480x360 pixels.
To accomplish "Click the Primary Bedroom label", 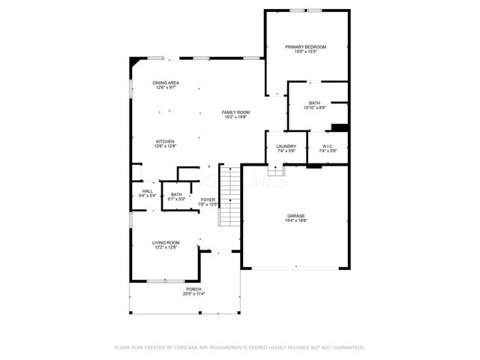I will pos(305,46).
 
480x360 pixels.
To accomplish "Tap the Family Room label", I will pos(235,112).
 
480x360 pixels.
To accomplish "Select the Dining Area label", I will pos(166,82).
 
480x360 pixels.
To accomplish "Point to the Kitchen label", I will pos(165,142).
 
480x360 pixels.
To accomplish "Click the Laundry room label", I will pos(286,146).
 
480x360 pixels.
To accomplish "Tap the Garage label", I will pos(295,216).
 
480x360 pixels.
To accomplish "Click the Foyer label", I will pos(208,199).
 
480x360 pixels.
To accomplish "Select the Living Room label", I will pos(166,242).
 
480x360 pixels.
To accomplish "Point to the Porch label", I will pos(193,289).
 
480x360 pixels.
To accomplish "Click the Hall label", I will pos(148,191).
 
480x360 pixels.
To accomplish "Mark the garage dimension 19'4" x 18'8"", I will pos(295,221).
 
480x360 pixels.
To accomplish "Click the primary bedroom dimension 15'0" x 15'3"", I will pos(305,52).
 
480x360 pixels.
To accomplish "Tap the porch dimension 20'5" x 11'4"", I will pos(193,294).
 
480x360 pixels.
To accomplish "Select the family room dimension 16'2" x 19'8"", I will pos(235,117).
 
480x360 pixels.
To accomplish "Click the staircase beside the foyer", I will pos(229,196).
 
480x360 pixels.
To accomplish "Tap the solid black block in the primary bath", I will pos(340,127).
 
